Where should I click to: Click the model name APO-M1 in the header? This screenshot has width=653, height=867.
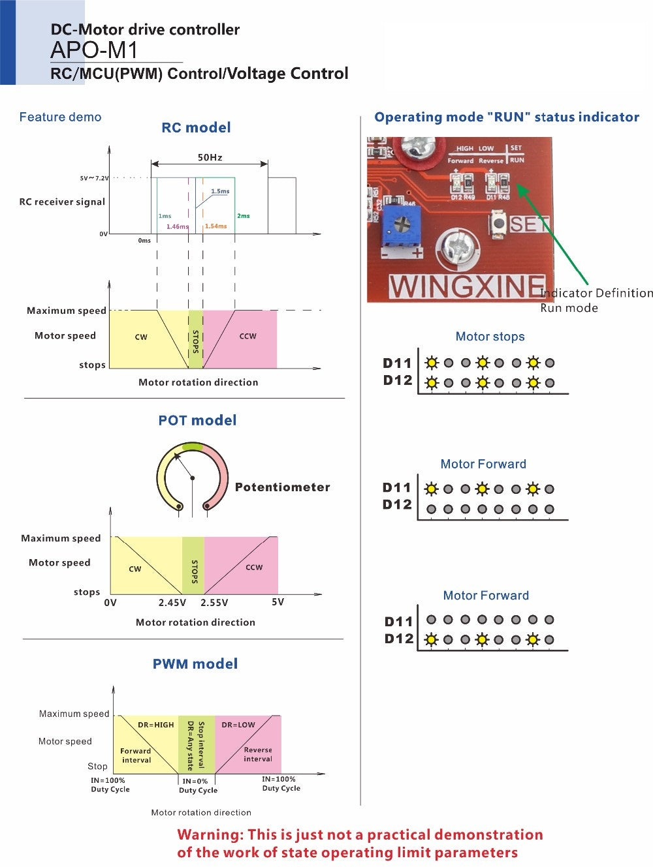(x=94, y=50)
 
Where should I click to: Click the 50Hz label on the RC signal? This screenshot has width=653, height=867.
(x=210, y=157)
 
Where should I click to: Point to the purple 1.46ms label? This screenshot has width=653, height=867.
(x=177, y=226)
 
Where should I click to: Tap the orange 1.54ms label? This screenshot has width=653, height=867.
(x=215, y=226)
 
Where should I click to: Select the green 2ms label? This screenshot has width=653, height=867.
(x=243, y=216)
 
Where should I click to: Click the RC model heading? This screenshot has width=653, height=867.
(x=196, y=128)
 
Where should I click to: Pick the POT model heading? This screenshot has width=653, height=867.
(x=197, y=421)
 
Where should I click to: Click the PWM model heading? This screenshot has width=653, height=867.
(x=195, y=664)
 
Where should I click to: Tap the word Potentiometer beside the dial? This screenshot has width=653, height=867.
(x=282, y=487)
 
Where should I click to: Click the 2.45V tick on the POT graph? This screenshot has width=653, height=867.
(x=172, y=603)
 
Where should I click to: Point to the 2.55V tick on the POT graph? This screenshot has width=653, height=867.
(x=214, y=603)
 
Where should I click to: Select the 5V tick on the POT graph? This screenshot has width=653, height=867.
(x=278, y=602)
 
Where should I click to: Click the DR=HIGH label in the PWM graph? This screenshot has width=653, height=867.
(x=156, y=725)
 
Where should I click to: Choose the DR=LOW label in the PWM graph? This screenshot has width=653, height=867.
(x=238, y=725)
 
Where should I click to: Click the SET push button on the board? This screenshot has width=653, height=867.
(x=499, y=223)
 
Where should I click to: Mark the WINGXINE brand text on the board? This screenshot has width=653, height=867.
(x=466, y=286)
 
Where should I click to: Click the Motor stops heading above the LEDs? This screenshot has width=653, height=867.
(x=490, y=337)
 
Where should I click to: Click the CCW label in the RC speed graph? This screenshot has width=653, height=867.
(x=247, y=337)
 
